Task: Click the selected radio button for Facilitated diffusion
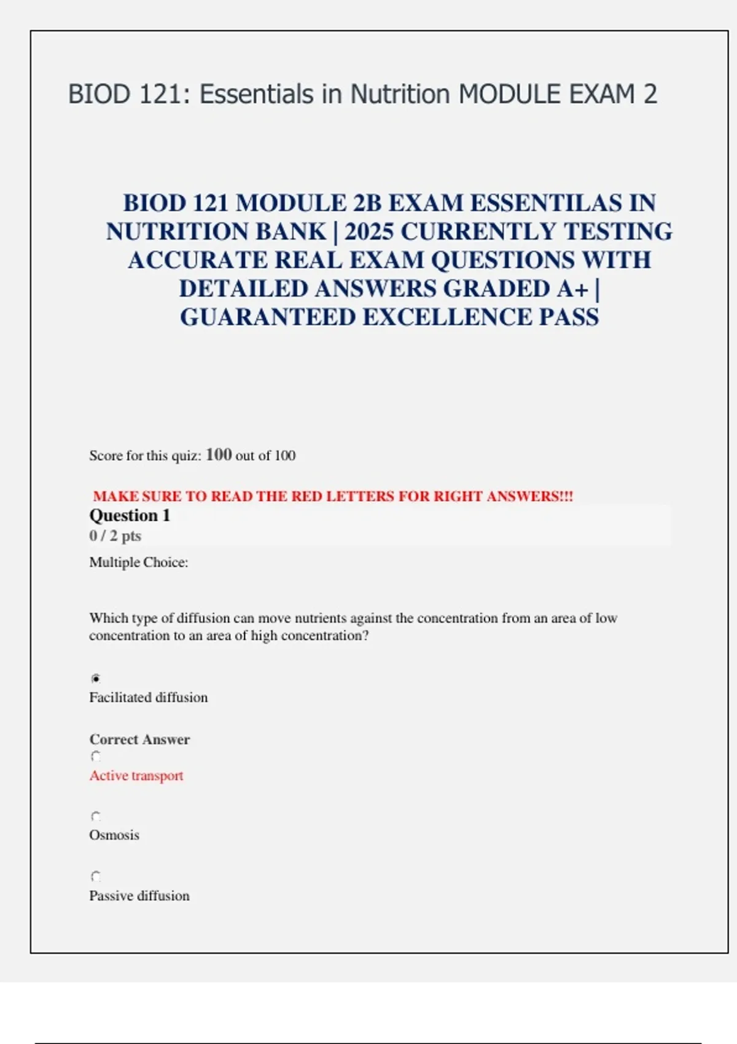coord(96,679)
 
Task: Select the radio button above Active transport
coord(96,757)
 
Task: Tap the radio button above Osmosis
coord(96,817)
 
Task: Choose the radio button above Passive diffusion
coord(96,876)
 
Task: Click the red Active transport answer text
coord(136,776)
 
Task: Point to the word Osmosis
coord(114,835)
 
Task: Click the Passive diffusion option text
coord(139,896)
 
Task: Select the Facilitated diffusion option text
coord(149,698)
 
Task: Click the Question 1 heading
coord(130,516)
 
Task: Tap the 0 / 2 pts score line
coord(115,536)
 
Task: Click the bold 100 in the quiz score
coord(219,455)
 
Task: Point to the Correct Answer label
coord(139,739)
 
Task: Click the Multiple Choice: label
coord(139,563)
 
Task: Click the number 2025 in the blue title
coord(368,232)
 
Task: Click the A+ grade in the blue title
coord(572,289)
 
